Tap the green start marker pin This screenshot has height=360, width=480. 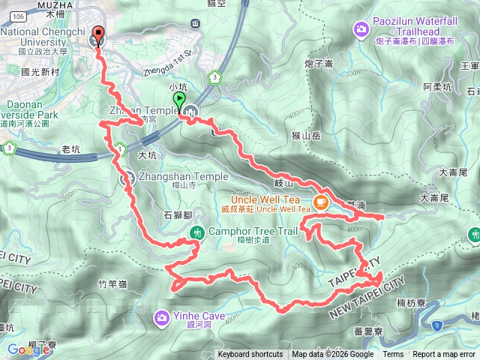click(178, 101)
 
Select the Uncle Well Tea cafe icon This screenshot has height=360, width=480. click(320, 201)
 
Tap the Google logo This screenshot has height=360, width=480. click(28, 349)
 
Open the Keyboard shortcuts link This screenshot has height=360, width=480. click(250, 355)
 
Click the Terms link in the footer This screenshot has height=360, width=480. click(393, 355)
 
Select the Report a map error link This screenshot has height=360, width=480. click(445, 355)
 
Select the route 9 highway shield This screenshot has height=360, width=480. click(439, 323)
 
